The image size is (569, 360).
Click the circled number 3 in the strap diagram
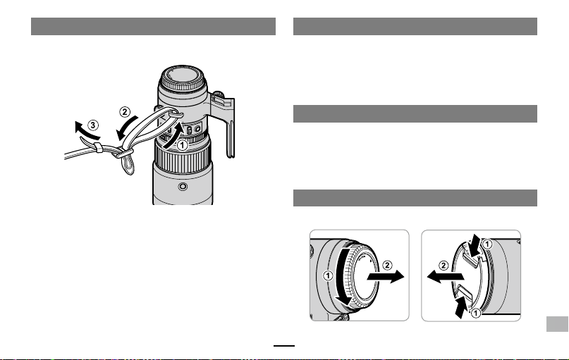click(93, 125)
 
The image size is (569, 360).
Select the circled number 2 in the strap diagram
click(125, 112)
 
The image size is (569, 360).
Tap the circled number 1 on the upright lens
click(182, 145)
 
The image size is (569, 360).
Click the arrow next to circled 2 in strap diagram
click(126, 128)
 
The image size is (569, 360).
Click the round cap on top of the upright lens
click(183, 78)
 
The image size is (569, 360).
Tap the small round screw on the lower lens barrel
click(183, 187)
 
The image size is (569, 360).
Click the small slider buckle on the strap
click(98, 147)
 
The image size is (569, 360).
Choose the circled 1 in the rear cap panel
click(328, 276)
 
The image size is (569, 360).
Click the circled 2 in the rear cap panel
click(387, 266)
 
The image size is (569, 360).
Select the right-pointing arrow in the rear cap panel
click(386, 277)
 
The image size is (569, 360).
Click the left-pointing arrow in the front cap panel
click(445, 277)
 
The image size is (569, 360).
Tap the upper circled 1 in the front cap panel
click(487, 244)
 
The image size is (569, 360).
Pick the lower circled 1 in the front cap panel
click(475, 313)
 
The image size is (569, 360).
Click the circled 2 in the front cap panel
click(443, 266)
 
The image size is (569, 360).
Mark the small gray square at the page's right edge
click(557, 324)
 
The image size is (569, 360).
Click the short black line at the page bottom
click(284, 346)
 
